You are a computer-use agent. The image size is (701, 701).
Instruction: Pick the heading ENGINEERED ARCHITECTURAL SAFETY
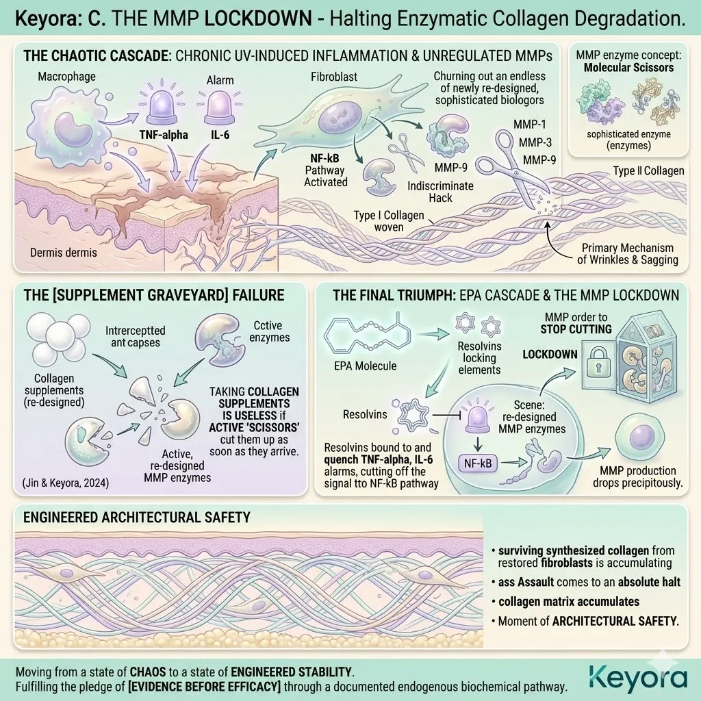click(136, 518)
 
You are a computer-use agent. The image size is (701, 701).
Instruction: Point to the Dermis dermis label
click(63, 253)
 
